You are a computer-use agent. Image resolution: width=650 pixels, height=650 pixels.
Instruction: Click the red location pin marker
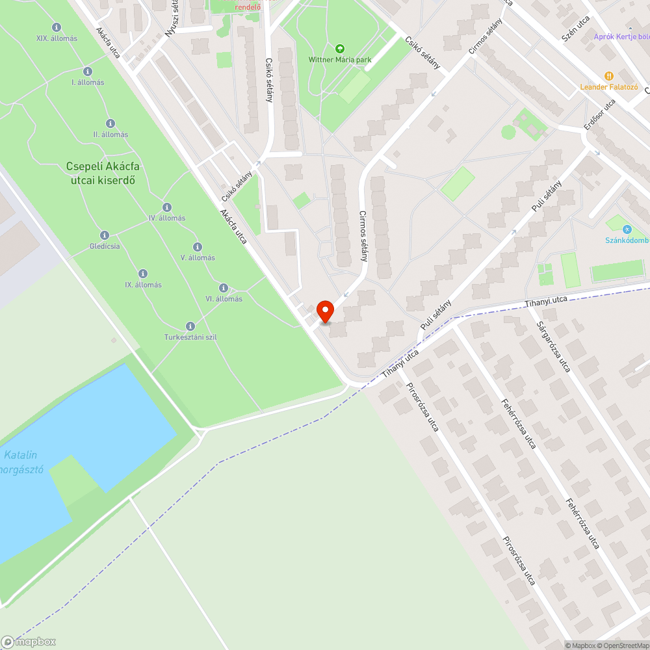click(324, 310)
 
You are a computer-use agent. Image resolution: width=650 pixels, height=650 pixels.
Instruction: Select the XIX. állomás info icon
click(57, 27)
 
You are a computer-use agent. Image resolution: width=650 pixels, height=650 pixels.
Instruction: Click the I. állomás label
click(88, 83)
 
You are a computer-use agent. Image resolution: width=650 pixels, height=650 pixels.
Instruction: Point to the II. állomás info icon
click(110, 123)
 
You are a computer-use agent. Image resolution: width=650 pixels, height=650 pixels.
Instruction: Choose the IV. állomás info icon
click(167, 207)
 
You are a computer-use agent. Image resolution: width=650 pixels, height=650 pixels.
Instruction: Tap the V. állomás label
click(198, 258)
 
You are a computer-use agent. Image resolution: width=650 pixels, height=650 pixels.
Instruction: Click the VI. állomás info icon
click(224, 287)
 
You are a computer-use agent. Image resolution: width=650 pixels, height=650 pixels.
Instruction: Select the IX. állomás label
click(143, 285)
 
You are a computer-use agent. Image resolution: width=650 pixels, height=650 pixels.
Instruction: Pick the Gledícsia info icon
click(104, 235)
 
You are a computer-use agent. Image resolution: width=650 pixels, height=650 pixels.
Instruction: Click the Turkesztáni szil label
click(190, 337)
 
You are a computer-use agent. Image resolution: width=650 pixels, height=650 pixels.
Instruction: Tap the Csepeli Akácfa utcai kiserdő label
click(102, 173)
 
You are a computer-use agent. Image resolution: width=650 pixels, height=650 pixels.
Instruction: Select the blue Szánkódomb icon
click(627, 229)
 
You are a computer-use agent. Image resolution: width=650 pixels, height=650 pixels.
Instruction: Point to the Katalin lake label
click(22, 461)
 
